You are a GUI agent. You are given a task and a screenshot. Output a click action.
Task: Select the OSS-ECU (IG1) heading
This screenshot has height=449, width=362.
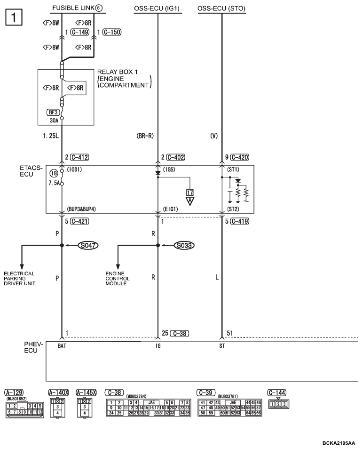coord(157,8)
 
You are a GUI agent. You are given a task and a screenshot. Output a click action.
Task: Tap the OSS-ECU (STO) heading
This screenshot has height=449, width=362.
coord(221,8)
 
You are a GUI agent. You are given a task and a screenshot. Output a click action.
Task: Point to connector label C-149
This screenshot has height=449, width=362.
coord(79,32)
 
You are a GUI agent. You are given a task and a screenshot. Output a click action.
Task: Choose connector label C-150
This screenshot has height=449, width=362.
coord(111,32)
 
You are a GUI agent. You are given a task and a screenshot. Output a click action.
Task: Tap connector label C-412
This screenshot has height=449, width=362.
coord(79,157)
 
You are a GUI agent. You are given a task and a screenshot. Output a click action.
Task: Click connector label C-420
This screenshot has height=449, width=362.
coord(239,157)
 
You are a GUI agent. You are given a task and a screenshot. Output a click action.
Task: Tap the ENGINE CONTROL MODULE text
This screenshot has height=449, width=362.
coord(118,279)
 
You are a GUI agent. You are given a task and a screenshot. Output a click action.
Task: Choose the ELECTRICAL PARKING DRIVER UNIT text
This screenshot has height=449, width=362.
coord(19,279)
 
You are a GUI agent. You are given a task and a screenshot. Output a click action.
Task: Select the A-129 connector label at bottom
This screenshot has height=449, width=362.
coord(14,393)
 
